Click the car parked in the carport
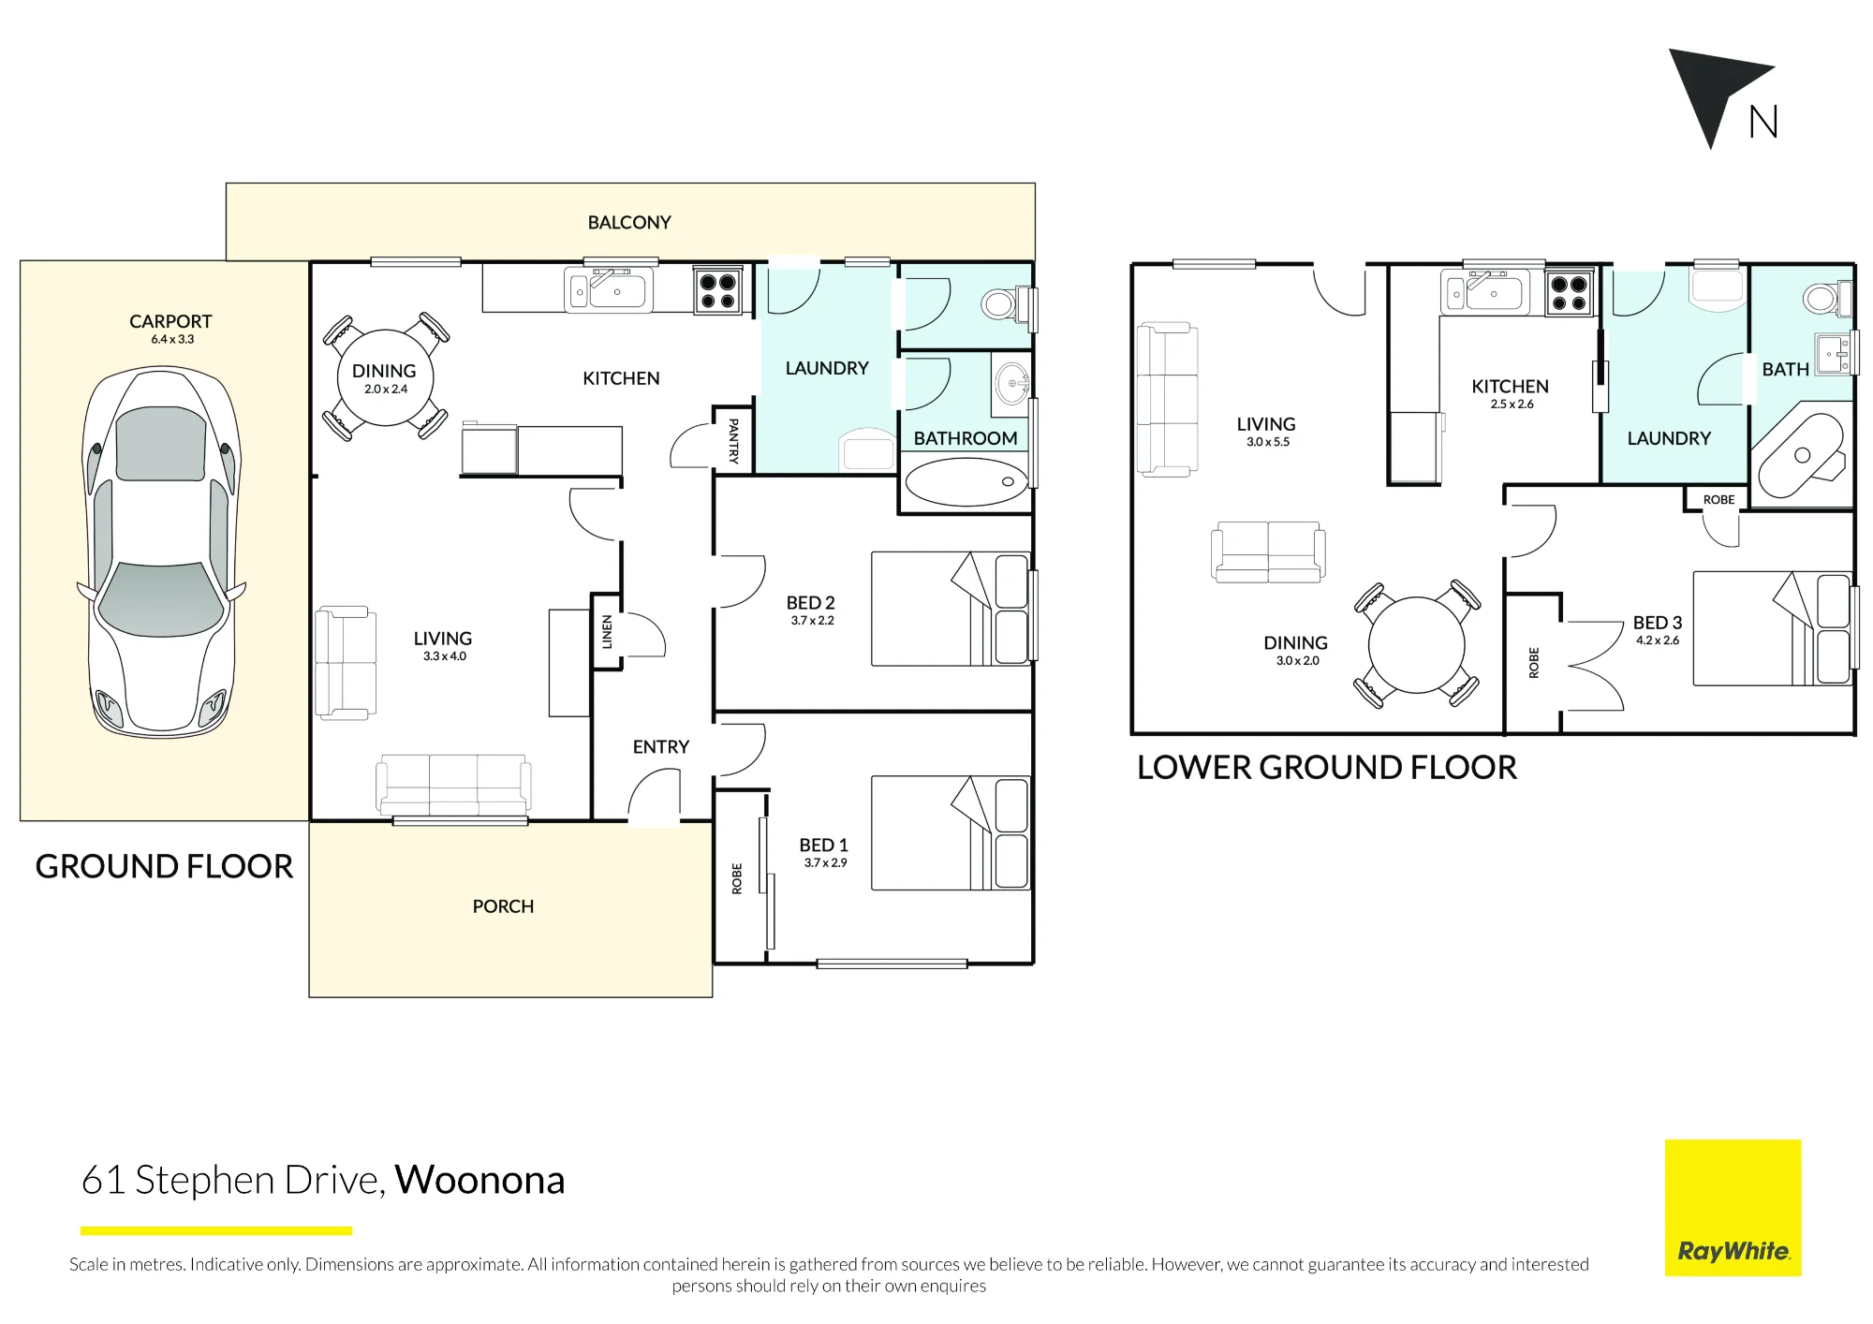pyautogui.click(x=161, y=552)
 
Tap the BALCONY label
pyautogui.click(x=629, y=223)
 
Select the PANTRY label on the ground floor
pyautogui.click(x=733, y=441)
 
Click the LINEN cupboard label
pyautogui.click(x=607, y=632)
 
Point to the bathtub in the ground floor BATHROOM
pyautogui.click(x=966, y=481)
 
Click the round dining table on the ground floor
pyautogui.click(x=385, y=377)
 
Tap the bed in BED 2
pyautogui.click(x=951, y=609)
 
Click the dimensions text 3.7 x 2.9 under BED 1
pyautogui.click(x=825, y=863)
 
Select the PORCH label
pyautogui.click(x=503, y=906)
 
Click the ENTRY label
pyautogui.click(x=661, y=747)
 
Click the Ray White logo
pyautogui.click(x=1733, y=1208)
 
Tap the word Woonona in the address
pyautogui.click(x=479, y=1180)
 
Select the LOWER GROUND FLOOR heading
pyautogui.click(x=1326, y=768)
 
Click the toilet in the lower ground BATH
pyautogui.click(x=1827, y=299)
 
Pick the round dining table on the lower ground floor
pyautogui.click(x=1416, y=645)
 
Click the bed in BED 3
pyautogui.click(x=1773, y=628)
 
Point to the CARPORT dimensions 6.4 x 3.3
pyautogui.click(x=172, y=340)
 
